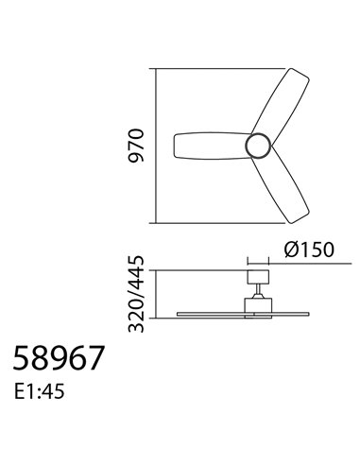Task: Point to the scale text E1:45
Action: [42, 388]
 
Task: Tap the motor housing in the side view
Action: [256, 303]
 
